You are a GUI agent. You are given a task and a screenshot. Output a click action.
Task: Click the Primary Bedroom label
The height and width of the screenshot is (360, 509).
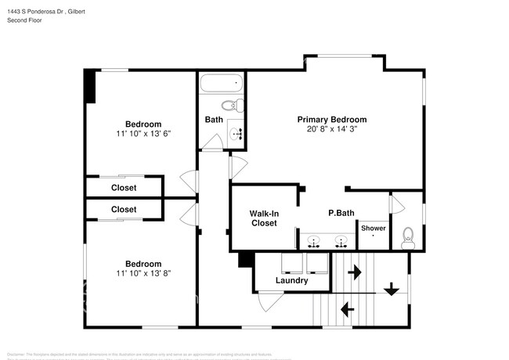coord(331,120)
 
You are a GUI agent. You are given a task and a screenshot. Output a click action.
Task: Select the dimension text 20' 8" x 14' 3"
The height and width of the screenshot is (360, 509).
coord(331,129)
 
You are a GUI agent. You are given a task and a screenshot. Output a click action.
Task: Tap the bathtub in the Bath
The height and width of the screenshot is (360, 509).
coord(222,84)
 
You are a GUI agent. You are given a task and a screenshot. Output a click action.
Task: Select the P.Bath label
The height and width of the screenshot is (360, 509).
coord(341,213)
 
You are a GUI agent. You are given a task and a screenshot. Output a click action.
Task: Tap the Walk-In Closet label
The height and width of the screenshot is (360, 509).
coord(263,218)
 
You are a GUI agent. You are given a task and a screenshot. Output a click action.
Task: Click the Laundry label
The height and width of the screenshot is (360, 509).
coord(291,280)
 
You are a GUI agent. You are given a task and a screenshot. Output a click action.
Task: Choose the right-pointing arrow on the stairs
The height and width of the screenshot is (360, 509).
coord(354,272)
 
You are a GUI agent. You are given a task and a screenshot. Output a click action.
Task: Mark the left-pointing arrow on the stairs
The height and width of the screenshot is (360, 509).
coord(347,311)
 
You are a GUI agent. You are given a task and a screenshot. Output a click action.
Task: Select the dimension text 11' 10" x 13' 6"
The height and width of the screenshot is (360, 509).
coord(143,134)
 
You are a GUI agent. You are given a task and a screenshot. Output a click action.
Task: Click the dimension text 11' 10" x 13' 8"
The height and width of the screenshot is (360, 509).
coord(143,273)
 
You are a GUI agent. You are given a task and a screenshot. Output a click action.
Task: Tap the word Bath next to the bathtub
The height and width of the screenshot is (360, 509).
coord(214,120)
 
